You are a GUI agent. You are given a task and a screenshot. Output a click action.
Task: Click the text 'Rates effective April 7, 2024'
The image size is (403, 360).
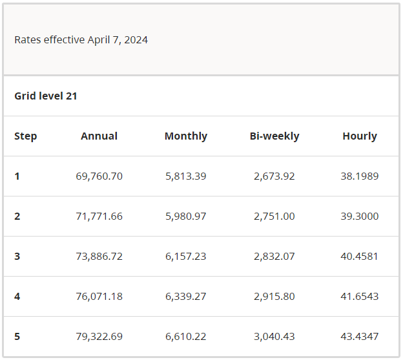(81, 40)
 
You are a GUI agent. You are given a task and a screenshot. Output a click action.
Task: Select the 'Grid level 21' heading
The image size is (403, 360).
(46, 96)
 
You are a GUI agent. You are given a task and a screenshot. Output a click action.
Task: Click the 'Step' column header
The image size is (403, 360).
(26, 136)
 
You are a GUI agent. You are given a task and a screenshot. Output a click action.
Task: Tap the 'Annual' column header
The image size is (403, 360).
(99, 136)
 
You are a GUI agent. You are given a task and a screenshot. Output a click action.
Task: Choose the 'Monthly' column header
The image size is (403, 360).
(185, 136)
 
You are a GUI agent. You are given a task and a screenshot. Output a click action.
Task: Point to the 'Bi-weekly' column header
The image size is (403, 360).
(274, 136)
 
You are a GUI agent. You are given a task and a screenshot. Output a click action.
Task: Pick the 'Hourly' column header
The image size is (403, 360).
(359, 136)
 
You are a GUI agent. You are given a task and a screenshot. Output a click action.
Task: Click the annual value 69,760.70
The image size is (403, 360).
(99, 176)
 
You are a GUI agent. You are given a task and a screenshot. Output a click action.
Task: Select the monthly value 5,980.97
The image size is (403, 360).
(185, 216)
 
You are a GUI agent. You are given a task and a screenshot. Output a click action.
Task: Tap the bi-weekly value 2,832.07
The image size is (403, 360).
(274, 256)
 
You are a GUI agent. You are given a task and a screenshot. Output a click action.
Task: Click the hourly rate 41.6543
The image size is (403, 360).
(359, 296)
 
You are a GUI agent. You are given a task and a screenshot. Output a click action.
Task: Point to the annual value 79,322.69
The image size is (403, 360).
(99, 336)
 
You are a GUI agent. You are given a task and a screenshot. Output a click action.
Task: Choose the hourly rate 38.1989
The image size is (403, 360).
(359, 176)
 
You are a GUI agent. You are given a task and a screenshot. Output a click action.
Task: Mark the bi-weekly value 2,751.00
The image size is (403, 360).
(274, 216)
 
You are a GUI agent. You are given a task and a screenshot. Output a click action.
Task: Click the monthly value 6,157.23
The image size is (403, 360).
(185, 256)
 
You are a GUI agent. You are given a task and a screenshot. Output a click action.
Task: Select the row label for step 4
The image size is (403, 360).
(17, 296)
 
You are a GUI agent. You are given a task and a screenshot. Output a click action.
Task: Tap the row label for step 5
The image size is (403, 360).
(17, 336)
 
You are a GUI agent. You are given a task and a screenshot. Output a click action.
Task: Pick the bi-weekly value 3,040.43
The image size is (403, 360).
(274, 336)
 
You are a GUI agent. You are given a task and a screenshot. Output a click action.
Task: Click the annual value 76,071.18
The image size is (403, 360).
(99, 296)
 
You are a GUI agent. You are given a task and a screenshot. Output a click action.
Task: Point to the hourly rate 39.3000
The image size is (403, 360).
(359, 216)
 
